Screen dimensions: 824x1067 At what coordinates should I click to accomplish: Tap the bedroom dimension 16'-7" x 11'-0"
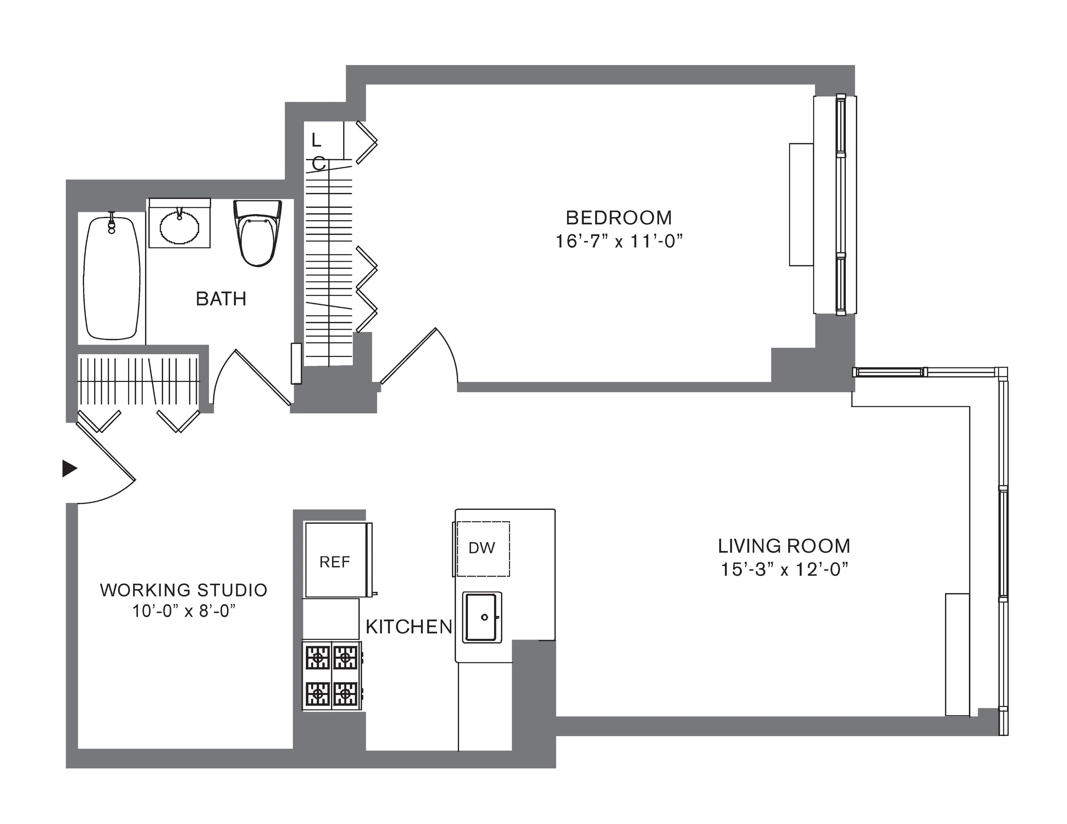tap(619, 241)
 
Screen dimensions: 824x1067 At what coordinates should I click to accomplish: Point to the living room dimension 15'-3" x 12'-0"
tap(784, 569)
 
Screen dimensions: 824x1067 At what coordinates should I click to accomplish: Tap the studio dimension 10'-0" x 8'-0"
tap(184, 611)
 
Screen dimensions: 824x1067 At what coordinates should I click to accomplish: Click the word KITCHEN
tap(409, 627)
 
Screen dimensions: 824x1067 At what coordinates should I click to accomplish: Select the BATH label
tap(221, 299)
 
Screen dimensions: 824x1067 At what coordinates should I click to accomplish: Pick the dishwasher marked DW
tap(482, 548)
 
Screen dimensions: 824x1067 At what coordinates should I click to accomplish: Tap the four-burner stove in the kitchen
tap(332, 676)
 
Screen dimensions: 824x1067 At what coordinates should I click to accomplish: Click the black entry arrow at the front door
tap(69, 468)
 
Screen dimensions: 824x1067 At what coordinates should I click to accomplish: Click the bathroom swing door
tap(262, 377)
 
